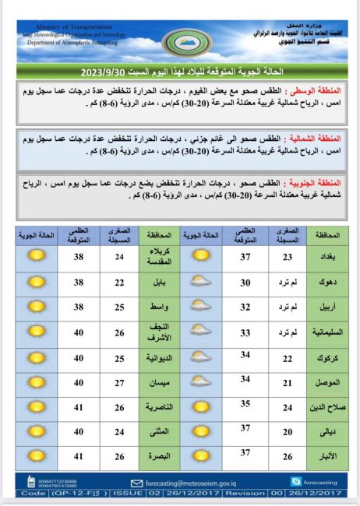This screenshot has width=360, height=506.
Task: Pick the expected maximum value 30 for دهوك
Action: click(245, 282)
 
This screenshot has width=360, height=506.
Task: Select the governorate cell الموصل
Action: click(327, 383)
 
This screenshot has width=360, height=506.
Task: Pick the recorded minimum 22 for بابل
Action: click(119, 283)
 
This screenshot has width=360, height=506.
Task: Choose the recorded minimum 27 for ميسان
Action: click(119, 383)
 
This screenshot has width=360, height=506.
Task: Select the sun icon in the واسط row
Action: click(34, 307)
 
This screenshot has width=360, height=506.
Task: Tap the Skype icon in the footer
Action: click(296, 482)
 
